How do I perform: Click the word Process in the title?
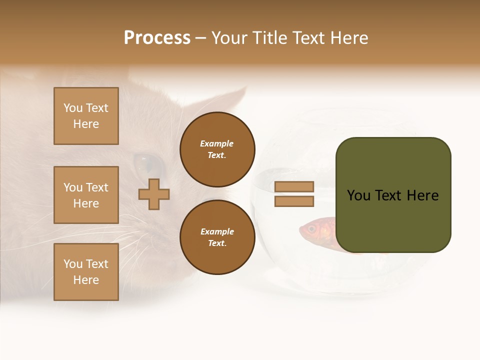(x=157, y=38)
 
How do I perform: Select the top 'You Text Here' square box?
(x=86, y=116)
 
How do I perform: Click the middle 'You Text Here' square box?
(x=86, y=195)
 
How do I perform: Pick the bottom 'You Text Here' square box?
(x=86, y=272)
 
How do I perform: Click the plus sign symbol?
(x=154, y=194)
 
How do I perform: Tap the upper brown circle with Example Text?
(x=217, y=149)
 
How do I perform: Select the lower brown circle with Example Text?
(x=217, y=237)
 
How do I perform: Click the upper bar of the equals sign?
(x=294, y=186)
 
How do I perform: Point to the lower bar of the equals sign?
(x=294, y=201)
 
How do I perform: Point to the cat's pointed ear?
(x=235, y=100)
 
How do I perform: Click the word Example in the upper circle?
(x=217, y=143)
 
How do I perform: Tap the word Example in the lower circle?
(x=217, y=231)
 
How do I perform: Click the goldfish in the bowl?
(x=320, y=232)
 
